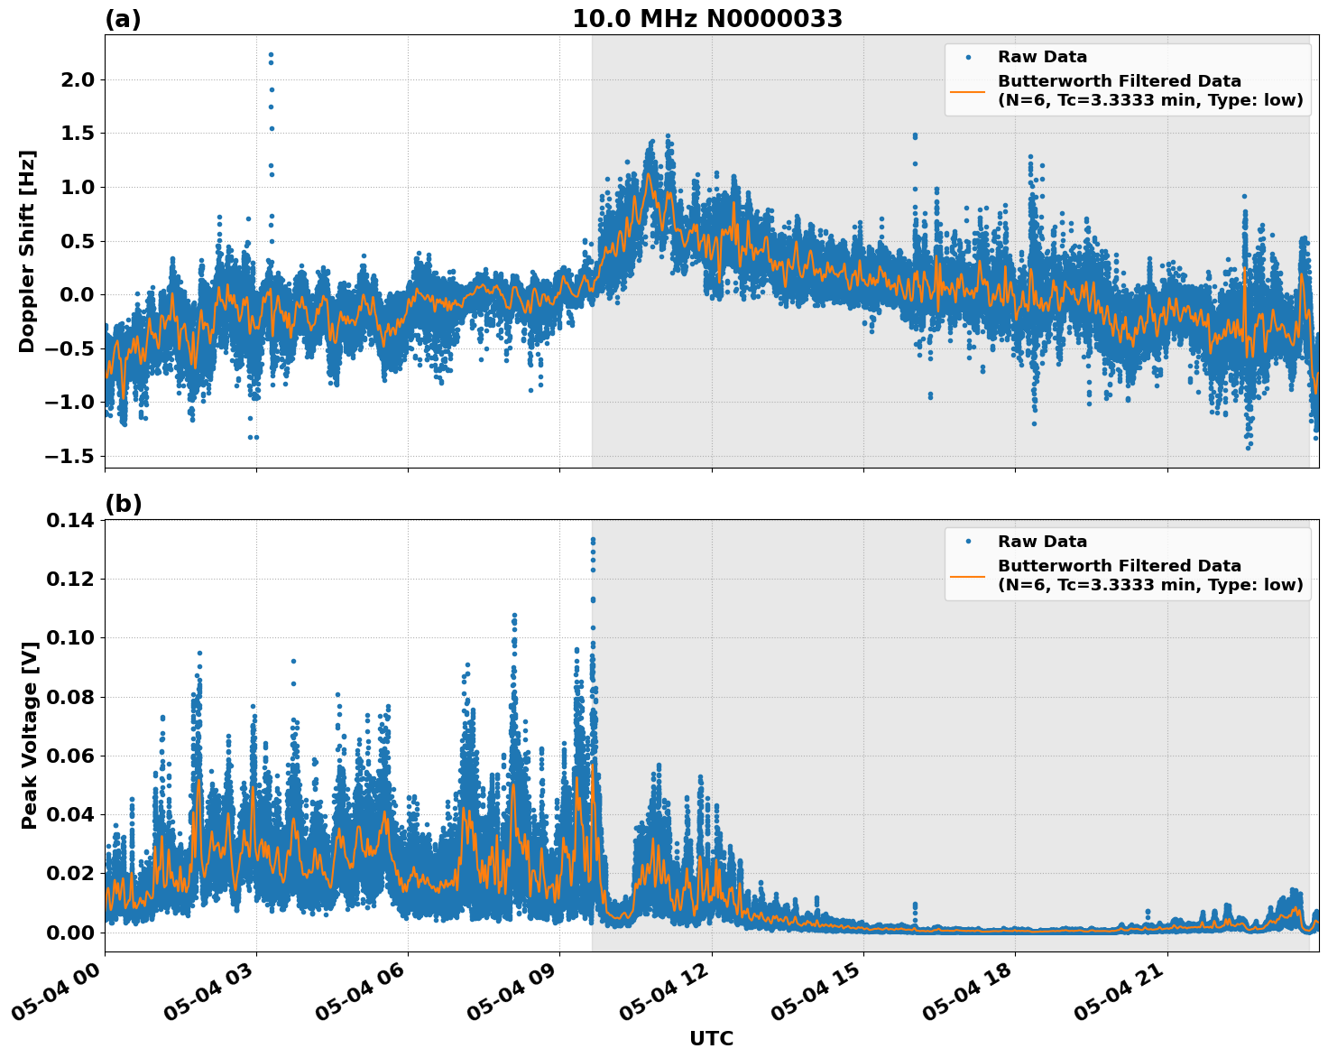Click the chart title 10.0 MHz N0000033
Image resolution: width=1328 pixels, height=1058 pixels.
(706, 19)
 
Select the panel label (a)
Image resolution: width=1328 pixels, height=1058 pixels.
(123, 19)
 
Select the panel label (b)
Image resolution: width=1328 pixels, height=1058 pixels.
(123, 504)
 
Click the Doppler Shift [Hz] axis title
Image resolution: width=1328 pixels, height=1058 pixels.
(27, 251)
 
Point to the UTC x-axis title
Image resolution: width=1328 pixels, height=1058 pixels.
(711, 1038)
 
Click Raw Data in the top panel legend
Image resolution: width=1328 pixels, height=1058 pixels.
(1042, 57)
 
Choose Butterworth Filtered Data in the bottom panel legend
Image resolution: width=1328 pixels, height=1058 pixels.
(1119, 566)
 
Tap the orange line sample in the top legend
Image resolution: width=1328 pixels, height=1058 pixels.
(967, 91)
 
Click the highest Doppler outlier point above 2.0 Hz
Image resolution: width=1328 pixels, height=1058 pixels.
(271, 54)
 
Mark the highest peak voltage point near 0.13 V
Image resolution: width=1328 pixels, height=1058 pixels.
(593, 540)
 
